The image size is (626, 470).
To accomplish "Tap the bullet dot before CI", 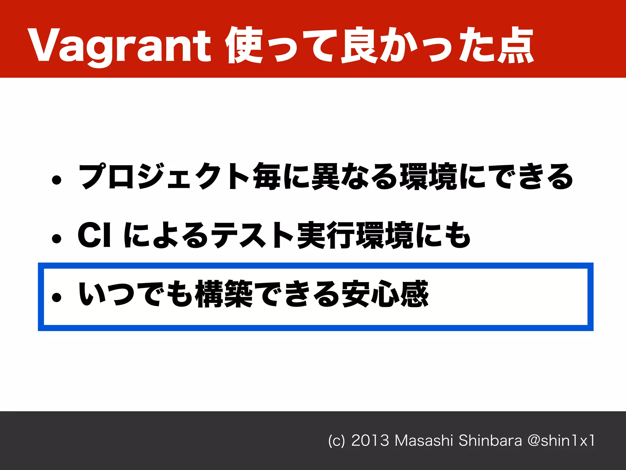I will (57, 238).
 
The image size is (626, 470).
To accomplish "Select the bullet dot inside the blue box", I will (57, 297).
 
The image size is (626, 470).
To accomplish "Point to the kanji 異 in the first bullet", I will (325, 177).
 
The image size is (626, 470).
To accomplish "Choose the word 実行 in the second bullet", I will (326, 235).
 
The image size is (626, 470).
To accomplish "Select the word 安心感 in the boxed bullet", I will (385, 294).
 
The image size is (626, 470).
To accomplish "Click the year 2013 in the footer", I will (370, 441).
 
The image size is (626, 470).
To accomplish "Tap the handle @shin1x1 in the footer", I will (561, 441).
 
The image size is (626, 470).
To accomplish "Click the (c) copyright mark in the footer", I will (336, 441).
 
